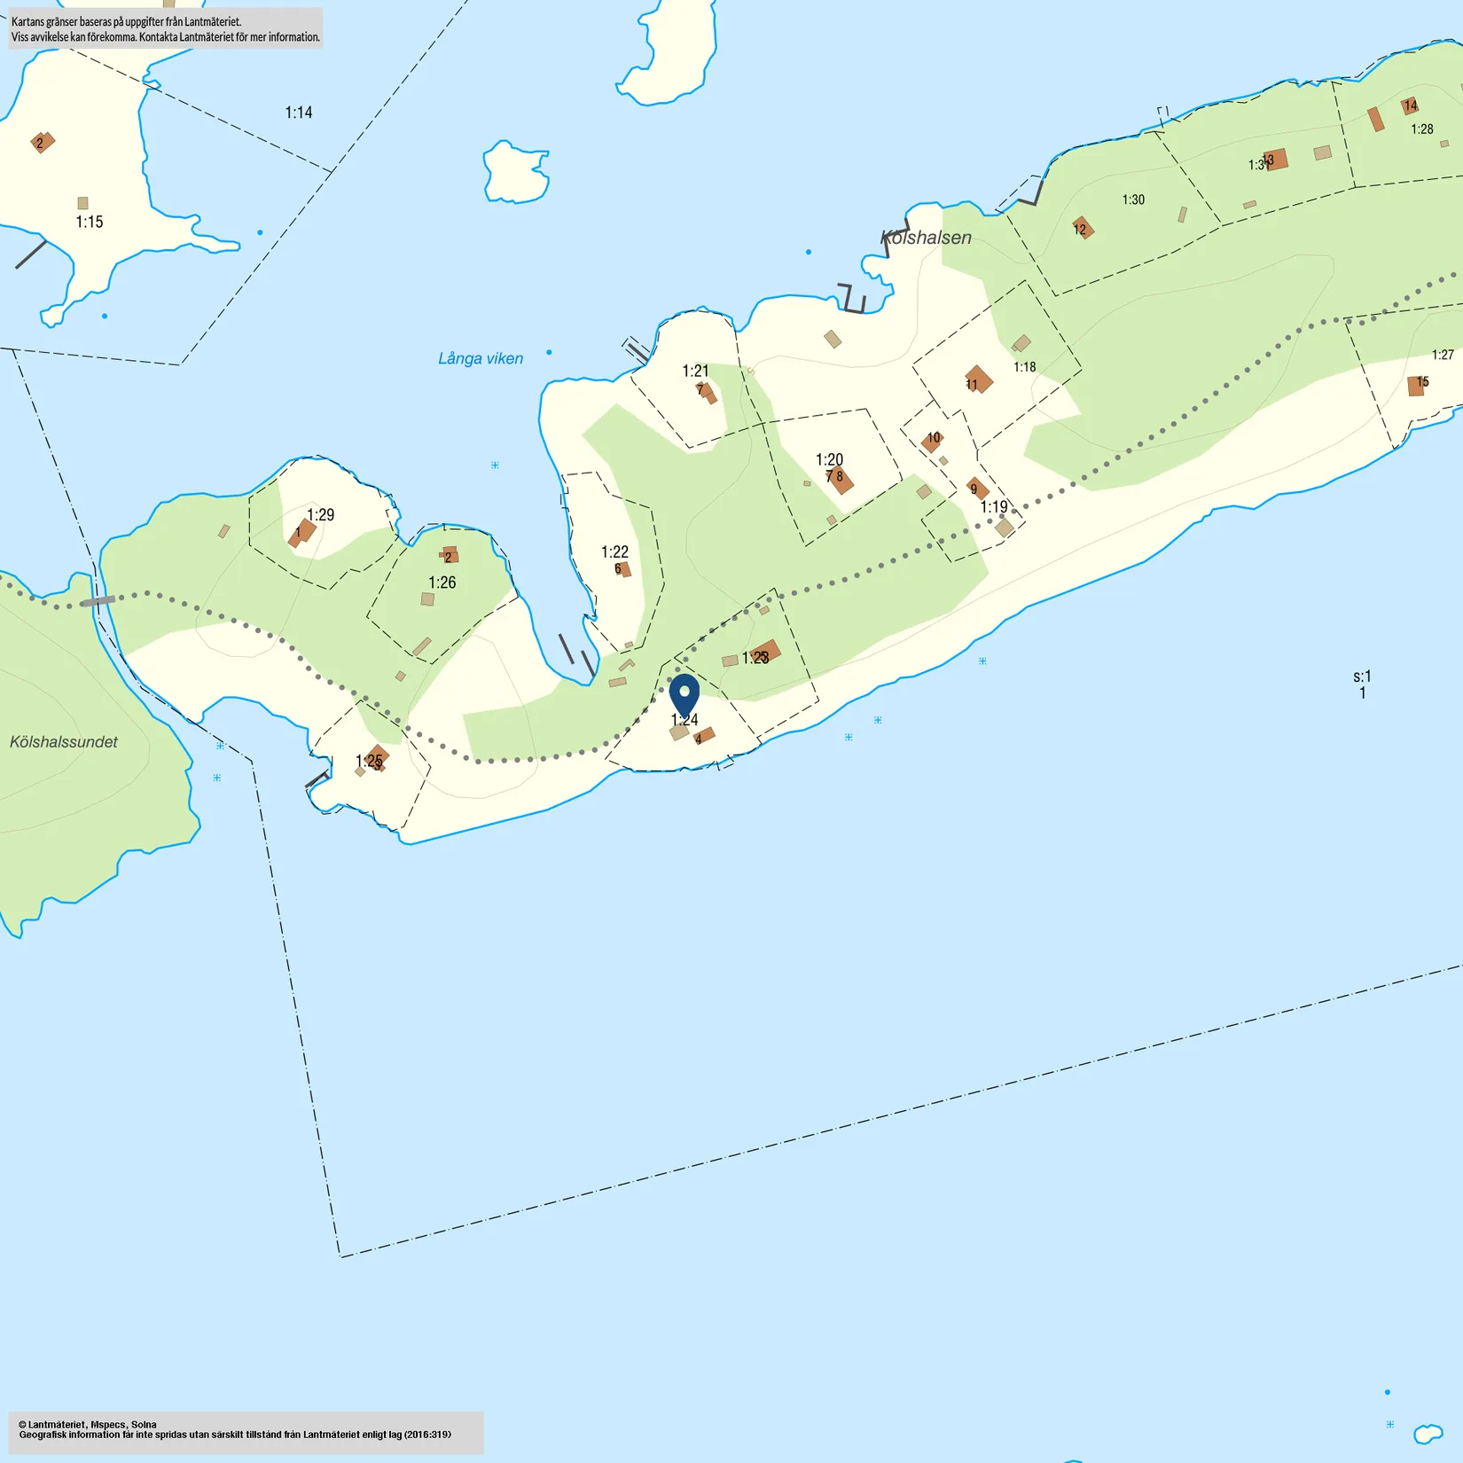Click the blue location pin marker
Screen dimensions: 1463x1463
(x=684, y=694)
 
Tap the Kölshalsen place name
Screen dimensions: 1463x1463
(x=926, y=238)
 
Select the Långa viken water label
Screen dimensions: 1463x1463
(x=481, y=358)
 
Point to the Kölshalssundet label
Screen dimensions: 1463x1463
(x=64, y=742)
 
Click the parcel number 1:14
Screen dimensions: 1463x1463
(x=299, y=113)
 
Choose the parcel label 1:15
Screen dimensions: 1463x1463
(x=90, y=223)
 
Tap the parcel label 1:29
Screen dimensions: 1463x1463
(x=321, y=515)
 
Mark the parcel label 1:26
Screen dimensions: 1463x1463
(x=442, y=583)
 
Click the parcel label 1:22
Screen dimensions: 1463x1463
(x=614, y=552)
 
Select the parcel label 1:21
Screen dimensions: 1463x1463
(x=695, y=371)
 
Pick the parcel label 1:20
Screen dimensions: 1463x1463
(x=829, y=459)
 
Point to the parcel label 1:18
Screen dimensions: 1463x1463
(x=1024, y=367)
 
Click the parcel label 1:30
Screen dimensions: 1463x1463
(x=1133, y=199)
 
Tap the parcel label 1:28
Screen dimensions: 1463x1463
(x=1422, y=129)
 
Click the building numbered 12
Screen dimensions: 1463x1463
(x=1083, y=228)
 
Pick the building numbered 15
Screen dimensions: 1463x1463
(x=1417, y=386)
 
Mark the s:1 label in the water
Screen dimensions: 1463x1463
(x=1362, y=677)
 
